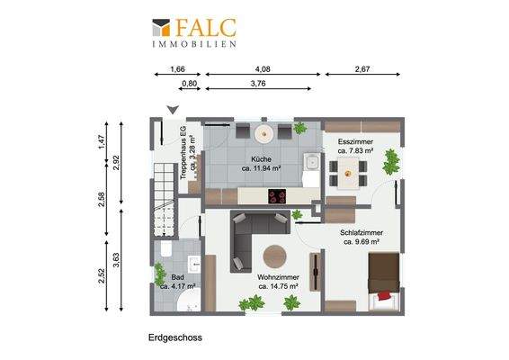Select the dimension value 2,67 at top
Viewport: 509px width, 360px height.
[362, 69]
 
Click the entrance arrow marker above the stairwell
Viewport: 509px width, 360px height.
[172, 110]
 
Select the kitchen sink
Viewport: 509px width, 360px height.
[309, 164]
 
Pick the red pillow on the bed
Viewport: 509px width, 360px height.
[384, 294]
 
